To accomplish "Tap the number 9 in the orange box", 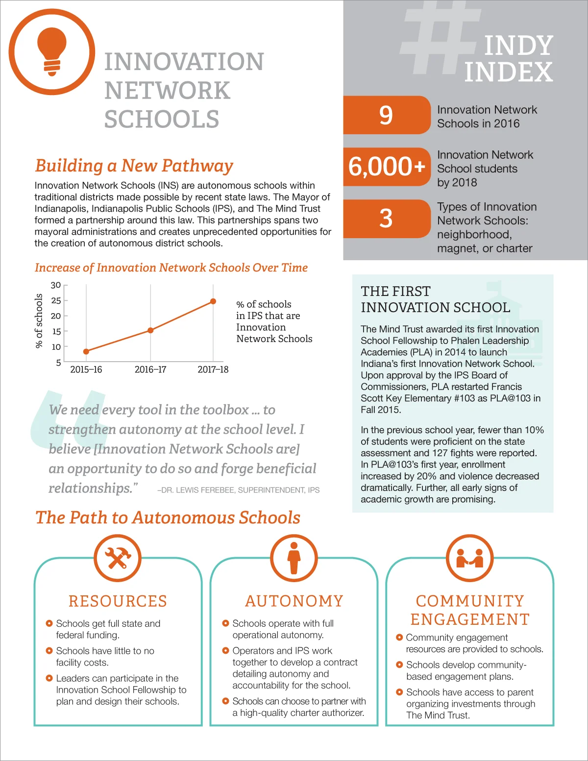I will click(x=386, y=115).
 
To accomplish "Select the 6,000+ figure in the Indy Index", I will click(x=387, y=167).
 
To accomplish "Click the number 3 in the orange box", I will click(x=386, y=219).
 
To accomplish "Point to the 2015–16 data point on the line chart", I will click(x=86, y=351).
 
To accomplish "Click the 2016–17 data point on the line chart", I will click(x=150, y=330).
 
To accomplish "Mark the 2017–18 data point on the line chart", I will click(x=213, y=301).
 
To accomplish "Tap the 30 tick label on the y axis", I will click(x=56, y=285).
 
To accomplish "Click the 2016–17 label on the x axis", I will click(x=150, y=369).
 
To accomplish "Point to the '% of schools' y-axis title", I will click(x=39, y=321).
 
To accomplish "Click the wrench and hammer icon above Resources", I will click(x=118, y=558).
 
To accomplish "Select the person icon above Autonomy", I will click(x=294, y=558).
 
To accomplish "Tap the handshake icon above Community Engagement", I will click(x=470, y=558).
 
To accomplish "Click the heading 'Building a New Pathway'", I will click(x=134, y=166).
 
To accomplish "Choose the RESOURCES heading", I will click(x=118, y=601).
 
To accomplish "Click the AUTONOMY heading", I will click(x=294, y=601).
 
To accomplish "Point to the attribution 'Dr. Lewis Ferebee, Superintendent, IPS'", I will click(x=239, y=490).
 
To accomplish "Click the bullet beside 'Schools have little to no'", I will click(x=49, y=651).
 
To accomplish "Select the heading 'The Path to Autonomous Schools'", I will click(x=168, y=518).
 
